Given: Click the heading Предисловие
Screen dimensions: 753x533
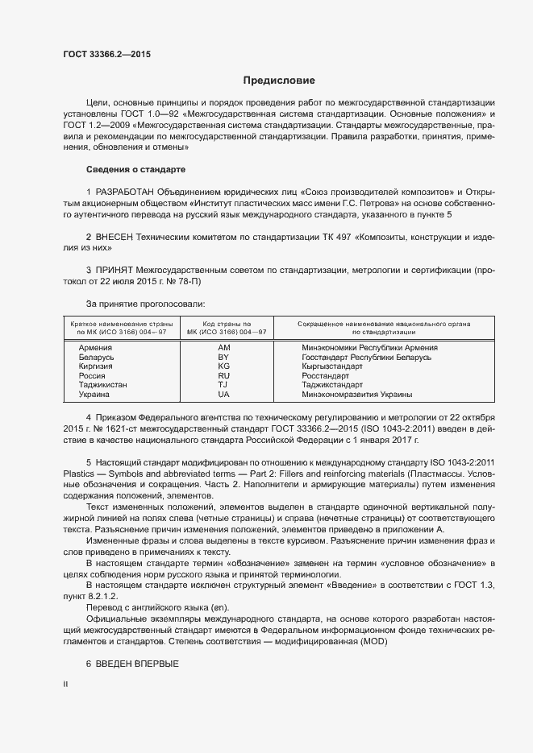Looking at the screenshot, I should click(279, 81).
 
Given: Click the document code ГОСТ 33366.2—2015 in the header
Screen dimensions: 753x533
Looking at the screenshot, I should click(106, 55).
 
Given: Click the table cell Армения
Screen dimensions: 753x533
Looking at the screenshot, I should click(95, 347).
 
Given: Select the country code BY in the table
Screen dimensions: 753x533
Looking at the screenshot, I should click(223, 357).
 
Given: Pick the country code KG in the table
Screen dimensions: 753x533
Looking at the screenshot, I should click(223, 366).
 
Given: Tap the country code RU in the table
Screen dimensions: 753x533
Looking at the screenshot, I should click(223, 376).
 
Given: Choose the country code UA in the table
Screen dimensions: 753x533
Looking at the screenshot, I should click(223, 395).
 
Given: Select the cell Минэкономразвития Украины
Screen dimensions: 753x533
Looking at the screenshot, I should click(356, 395).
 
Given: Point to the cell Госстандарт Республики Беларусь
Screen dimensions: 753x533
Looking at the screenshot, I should click(366, 357).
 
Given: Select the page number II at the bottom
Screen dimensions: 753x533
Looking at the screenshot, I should click(65, 685).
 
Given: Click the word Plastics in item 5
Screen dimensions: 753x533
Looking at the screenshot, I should click(77, 472).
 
